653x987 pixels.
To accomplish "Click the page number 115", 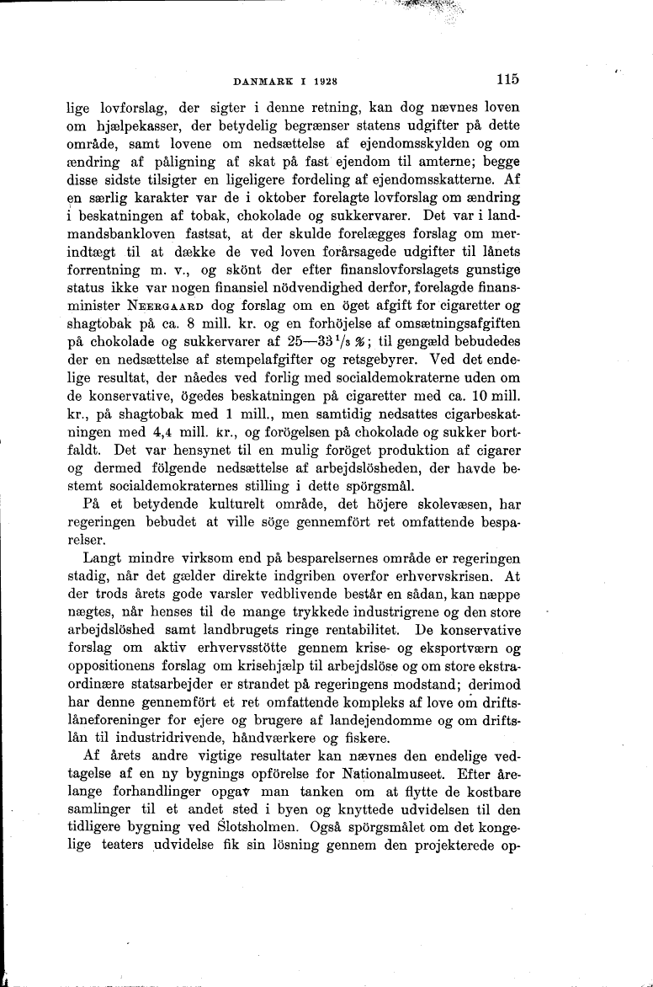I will pos(507,80).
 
